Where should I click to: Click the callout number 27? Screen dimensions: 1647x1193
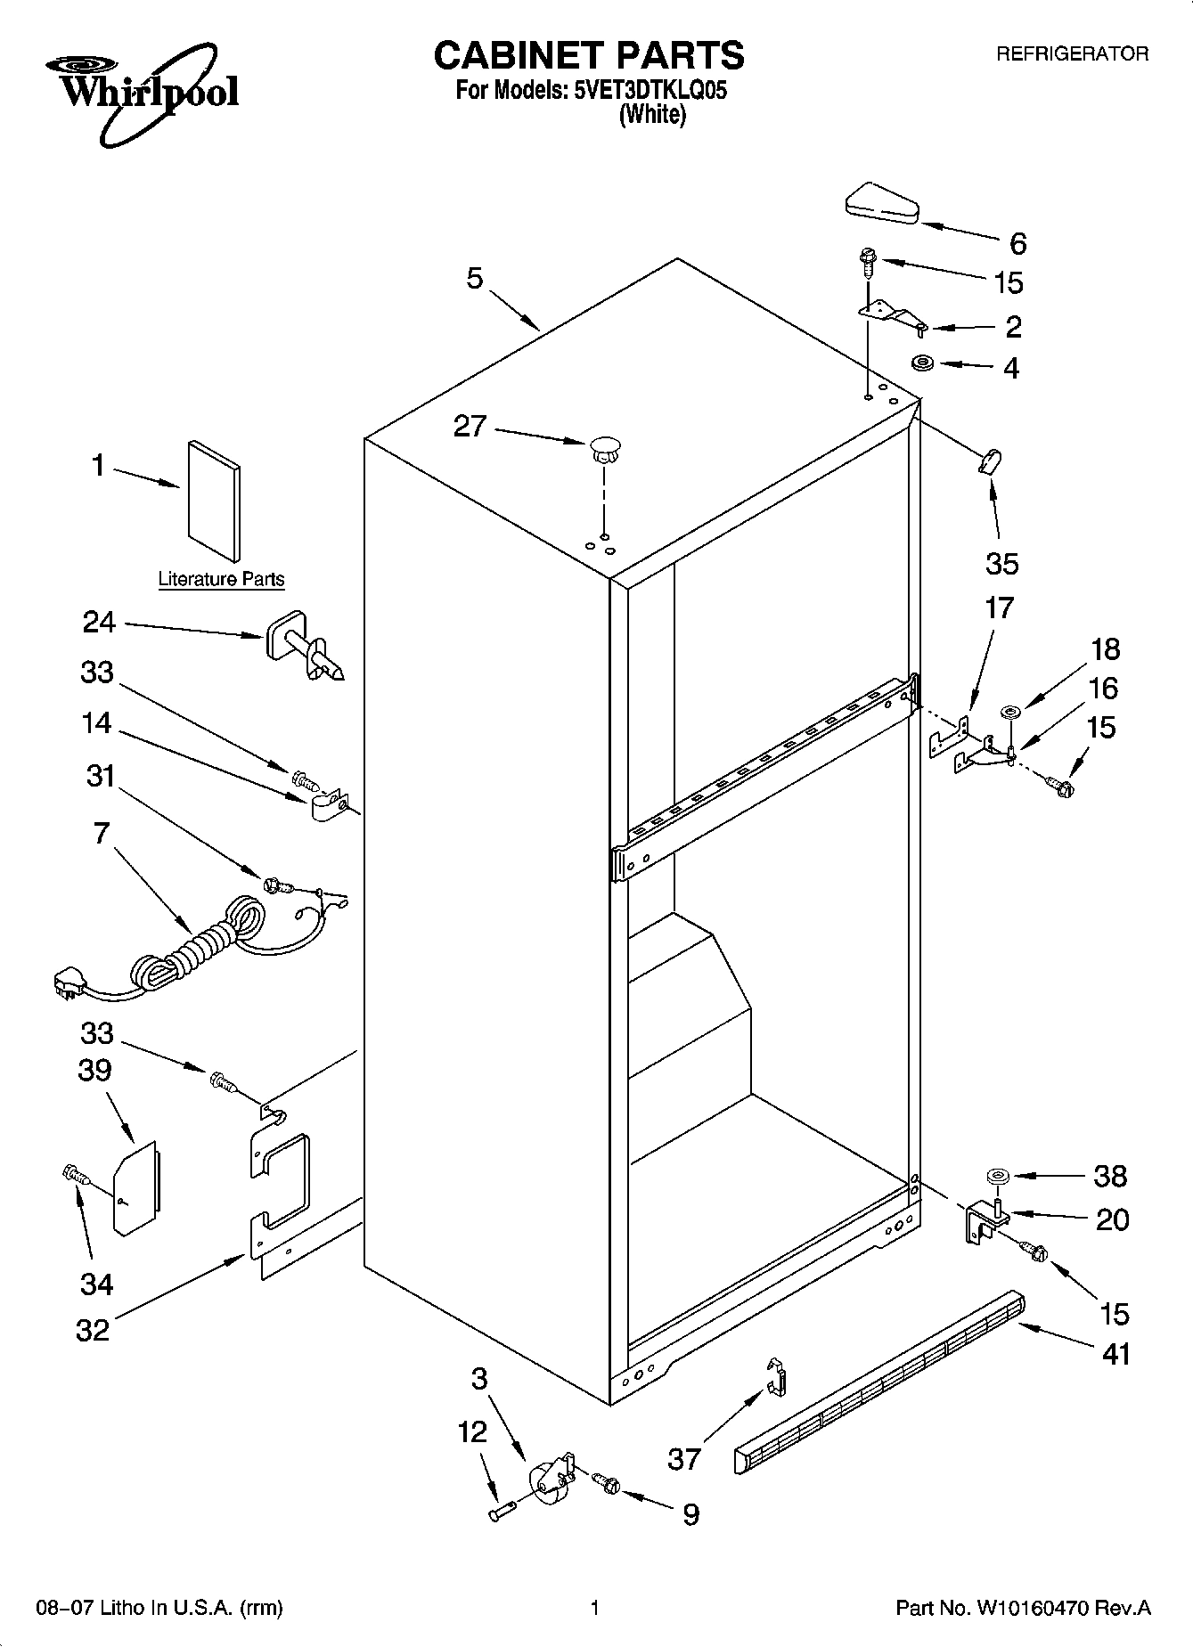tap(470, 427)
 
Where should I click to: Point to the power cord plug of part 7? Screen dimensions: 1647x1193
tap(68, 983)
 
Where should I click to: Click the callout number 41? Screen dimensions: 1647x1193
tap(1115, 1354)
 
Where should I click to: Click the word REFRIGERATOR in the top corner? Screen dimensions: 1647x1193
tap(1071, 54)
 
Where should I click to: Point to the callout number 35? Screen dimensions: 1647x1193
tap(1001, 564)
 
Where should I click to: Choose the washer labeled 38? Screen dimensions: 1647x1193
tap(995, 1177)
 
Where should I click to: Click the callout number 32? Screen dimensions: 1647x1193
tap(93, 1330)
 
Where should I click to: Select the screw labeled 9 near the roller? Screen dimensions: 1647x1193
tap(609, 1480)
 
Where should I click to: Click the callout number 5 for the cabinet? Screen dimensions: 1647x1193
tap(474, 278)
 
